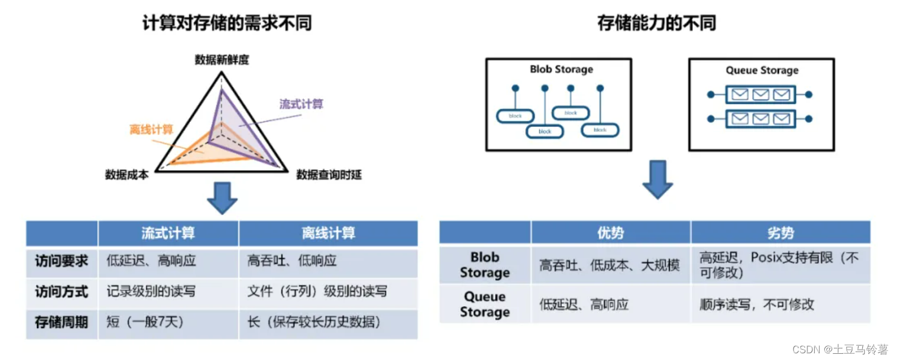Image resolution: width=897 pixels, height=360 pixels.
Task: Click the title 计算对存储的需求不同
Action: [x=227, y=23]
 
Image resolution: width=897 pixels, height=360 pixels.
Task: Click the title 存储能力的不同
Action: [x=656, y=23]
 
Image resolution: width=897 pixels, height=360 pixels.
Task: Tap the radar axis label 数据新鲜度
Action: [x=222, y=60]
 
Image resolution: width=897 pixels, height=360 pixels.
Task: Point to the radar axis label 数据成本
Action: [x=127, y=175]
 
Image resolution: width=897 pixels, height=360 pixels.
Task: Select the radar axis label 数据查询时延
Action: [x=328, y=175]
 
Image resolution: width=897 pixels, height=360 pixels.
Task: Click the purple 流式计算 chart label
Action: [x=301, y=104]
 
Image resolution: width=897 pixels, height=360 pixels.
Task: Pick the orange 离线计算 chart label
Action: [x=151, y=130]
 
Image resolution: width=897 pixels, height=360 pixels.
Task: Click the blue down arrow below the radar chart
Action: [x=222, y=198]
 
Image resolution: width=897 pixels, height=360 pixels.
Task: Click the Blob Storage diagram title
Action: [x=561, y=69]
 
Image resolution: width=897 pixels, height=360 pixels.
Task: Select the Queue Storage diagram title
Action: [x=762, y=71]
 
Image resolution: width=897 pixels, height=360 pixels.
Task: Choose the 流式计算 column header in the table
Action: [x=168, y=233]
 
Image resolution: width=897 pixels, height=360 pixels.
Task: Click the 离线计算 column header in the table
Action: [x=328, y=233]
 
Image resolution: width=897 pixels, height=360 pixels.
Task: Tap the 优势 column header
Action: [x=610, y=233]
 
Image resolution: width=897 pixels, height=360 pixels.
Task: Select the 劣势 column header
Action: [x=780, y=233]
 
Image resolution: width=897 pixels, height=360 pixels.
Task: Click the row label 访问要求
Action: [x=62, y=261]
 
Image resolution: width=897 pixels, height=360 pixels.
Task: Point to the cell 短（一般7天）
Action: [x=145, y=322]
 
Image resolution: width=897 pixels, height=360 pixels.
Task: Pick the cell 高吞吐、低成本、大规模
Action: [x=609, y=265]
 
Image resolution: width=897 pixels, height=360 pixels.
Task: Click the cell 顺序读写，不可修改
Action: [x=757, y=305]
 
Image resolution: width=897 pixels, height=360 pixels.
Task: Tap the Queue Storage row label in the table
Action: [x=485, y=304]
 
